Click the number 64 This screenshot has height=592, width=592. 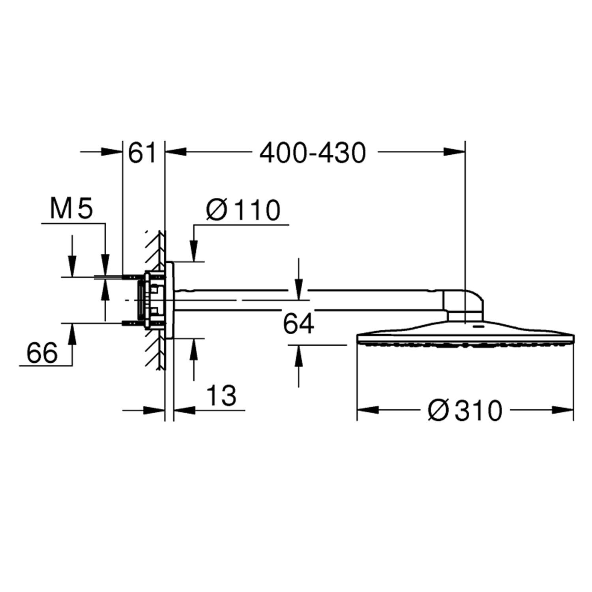[298, 324]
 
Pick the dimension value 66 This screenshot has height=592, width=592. [42, 352]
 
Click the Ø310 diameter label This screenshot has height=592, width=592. [465, 410]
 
